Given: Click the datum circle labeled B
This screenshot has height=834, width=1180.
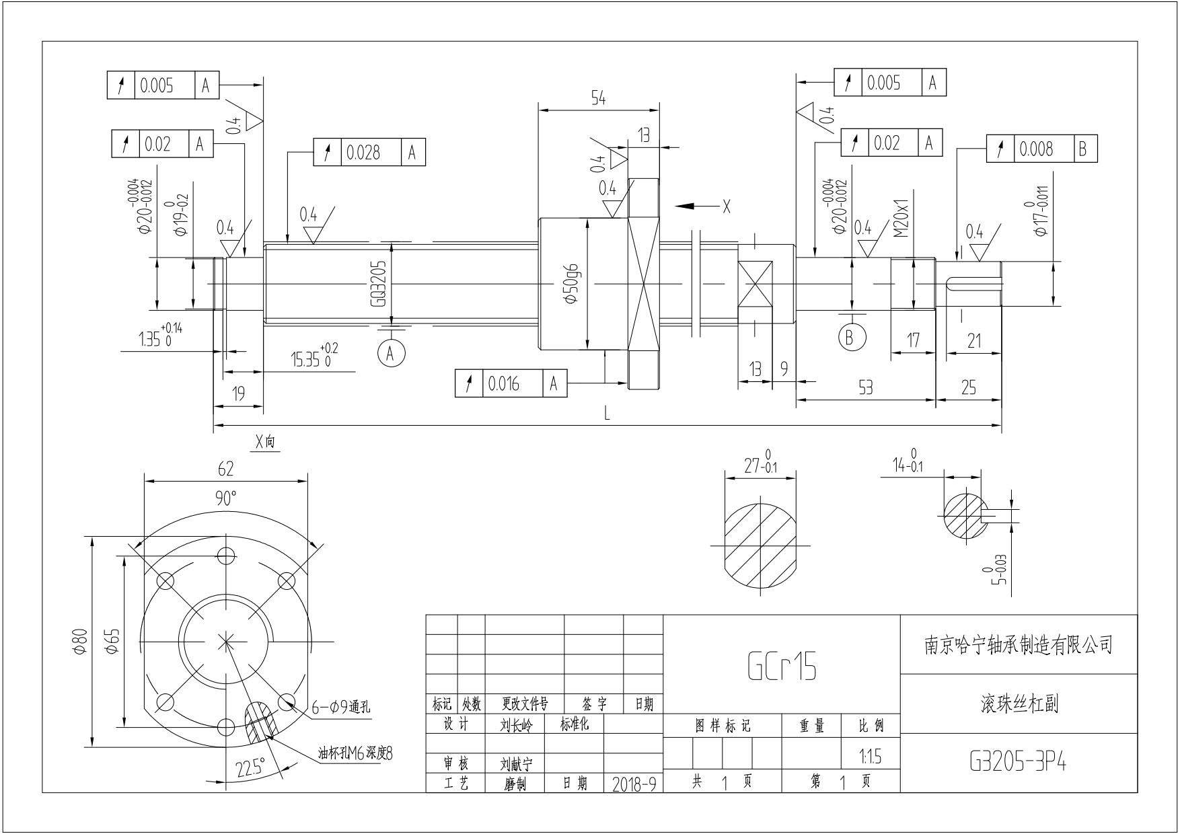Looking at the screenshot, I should coord(852,336).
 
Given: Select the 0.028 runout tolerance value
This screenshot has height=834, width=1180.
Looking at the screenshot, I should coord(363,153).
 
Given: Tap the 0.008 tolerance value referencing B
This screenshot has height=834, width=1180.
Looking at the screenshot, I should coord(1036,149).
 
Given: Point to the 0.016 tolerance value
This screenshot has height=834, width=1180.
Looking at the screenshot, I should coord(504,384).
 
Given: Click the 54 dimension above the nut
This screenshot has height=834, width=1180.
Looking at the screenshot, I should coord(598,99).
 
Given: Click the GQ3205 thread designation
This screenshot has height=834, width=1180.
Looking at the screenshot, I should coord(378,285).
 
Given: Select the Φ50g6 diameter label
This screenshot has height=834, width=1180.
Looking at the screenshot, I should coord(573,285).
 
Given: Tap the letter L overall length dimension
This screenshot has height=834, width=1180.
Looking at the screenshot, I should coord(607,414).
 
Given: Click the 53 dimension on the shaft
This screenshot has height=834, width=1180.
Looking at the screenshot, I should coord(866,387).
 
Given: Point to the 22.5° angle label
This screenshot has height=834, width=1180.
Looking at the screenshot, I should coord(250,767).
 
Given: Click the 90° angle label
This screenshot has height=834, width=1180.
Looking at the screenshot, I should coord(226,498).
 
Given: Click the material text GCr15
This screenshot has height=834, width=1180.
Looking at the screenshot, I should coord(782,667).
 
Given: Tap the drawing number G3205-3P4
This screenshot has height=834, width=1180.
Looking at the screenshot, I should coord(1018,762).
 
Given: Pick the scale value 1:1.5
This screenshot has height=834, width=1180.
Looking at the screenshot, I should coord(870,757).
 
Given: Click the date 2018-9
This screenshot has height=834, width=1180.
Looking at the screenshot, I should coord(634,784).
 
